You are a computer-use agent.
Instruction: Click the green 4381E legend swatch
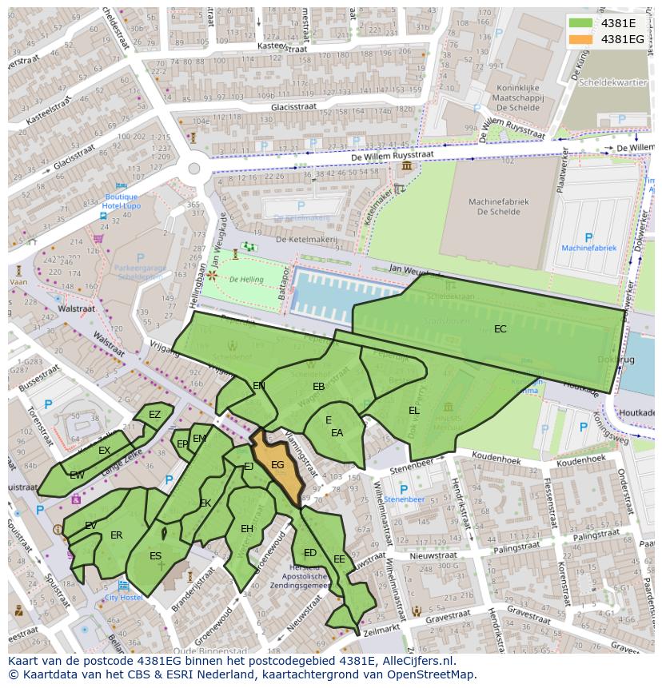(x=581, y=23)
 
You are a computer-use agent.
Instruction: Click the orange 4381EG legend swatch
(x=581, y=38)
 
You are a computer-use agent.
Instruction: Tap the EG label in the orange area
(x=277, y=465)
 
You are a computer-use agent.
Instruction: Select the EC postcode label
(x=500, y=329)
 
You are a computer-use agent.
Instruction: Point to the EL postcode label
(x=413, y=411)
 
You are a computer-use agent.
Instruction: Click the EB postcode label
(x=318, y=387)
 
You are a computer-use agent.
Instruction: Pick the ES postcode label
(x=155, y=556)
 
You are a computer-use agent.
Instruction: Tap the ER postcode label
(x=116, y=535)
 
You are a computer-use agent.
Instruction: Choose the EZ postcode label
(x=154, y=415)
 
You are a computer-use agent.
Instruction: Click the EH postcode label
(x=247, y=529)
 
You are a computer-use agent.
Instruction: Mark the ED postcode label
(x=310, y=553)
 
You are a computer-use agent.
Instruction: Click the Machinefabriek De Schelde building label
(x=496, y=207)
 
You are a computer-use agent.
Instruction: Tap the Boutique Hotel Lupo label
(x=122, y=201)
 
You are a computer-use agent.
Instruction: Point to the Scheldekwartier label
(x=613, y=82)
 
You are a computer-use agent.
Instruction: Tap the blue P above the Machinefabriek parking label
(x=589, y=237)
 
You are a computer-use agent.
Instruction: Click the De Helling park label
(x=245, y=280)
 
